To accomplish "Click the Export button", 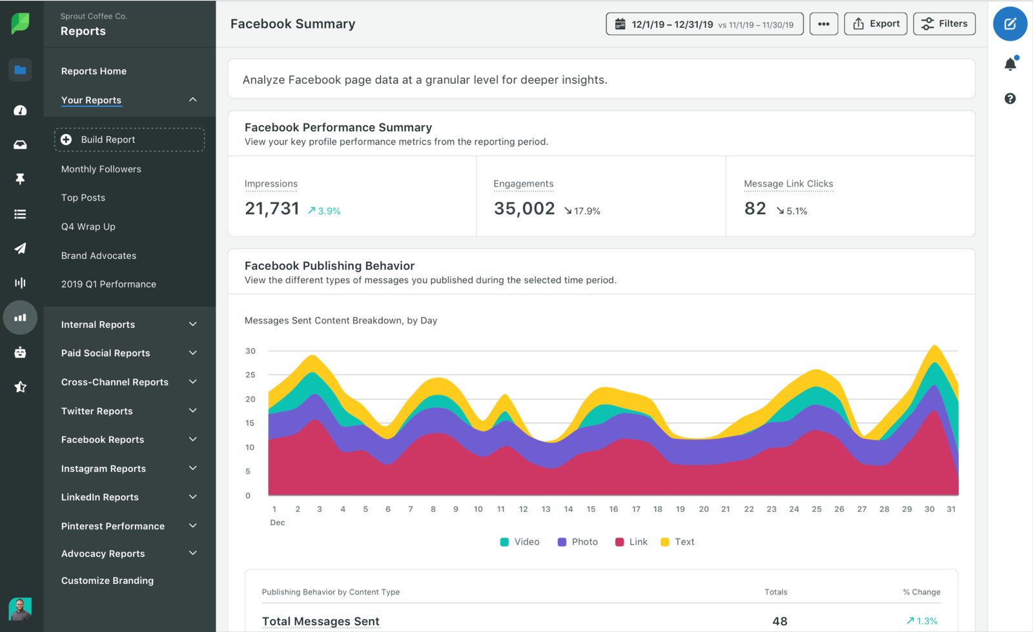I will pyautogui.click(x=875, y=24).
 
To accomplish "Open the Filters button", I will pyautogui.click(x=944, y=24).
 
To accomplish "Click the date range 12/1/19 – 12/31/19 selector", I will pyautogui.click(x=704, y=25).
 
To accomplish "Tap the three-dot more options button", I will pyautogui.click(x=823, y=24).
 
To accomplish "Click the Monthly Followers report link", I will pyautogui.click(x=101, y=169).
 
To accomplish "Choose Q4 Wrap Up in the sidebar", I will pyautogui.click(x=88, y=227).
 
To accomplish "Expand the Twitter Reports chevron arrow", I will pyautogui.click(x=192, y=411).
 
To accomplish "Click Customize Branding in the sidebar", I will pyautogui.click(x=107, y=580).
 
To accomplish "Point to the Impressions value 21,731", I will pyautogui.click(x=272, y=209).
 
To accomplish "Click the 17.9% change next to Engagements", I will pyautogui.click(x=582, y=211).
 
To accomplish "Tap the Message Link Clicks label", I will pyautogui.click(x=788, y=184).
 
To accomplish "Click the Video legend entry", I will pyautogui.click(x=520, y=542).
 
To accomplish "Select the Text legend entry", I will pyautogui.click(x=677, y=542).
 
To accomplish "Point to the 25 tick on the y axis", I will pyautogui.click(x=250, y=375).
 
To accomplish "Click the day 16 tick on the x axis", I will pyautogui.click(x=613, y=509).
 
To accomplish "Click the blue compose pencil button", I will pyautogui.click(x=1010, y=24).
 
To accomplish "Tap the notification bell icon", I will pyautogui.click(x=1010, y=64).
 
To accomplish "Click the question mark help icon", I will pyautogui.click(x=1010, y=99).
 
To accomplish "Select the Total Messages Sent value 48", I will pyautogui.click(x=779, y=621).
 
